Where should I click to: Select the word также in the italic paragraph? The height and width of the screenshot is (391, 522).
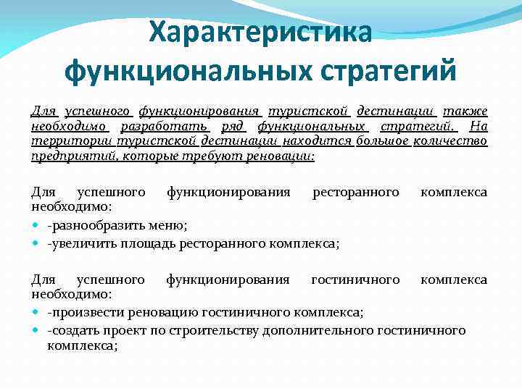(465, 112)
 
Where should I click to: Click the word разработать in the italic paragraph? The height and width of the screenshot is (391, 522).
(161, 126)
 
